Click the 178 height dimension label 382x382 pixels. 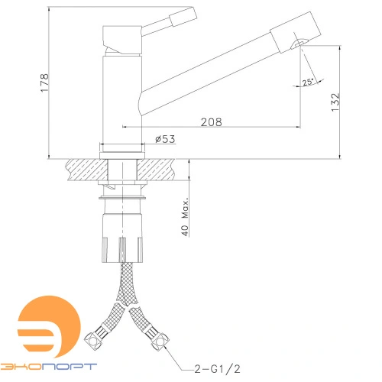click(x=44, y=78)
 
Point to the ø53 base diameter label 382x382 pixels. click(x=166, y=139)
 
